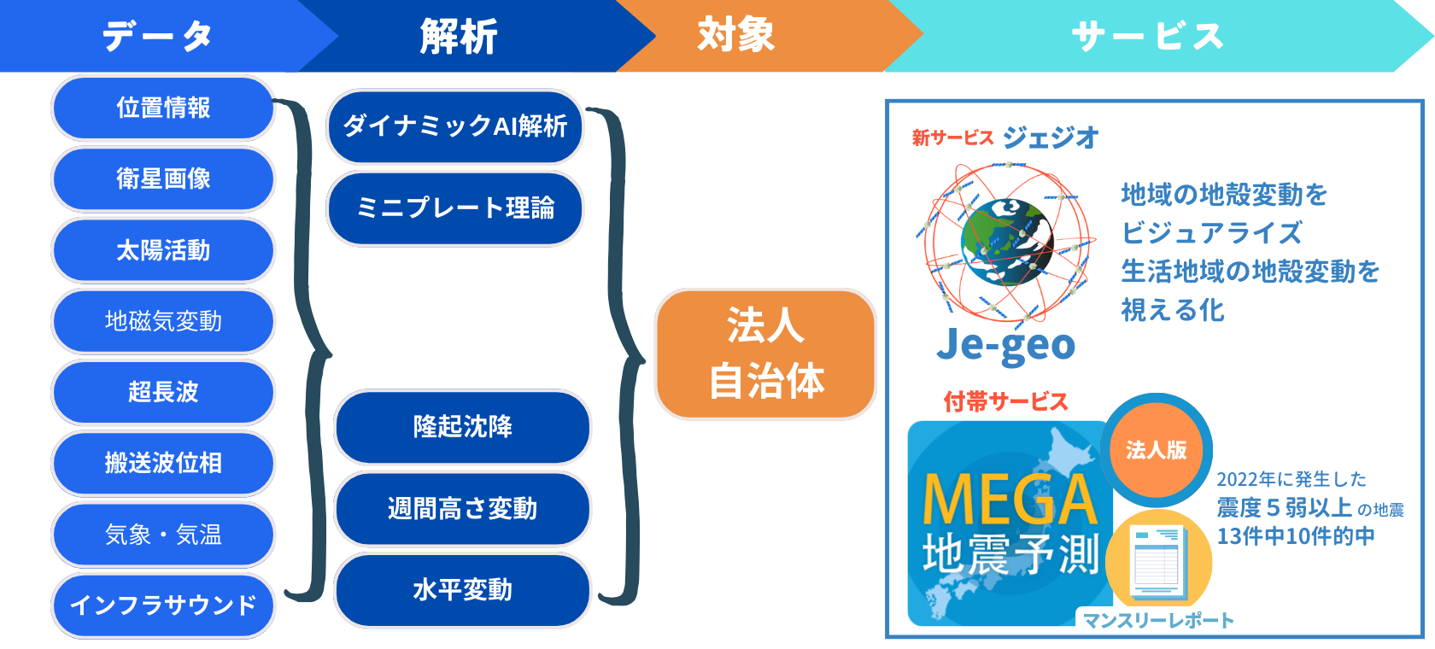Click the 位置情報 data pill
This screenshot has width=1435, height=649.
[163, 108]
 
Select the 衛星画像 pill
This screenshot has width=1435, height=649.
[163, 178]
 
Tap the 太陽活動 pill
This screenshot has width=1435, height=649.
[163, 250]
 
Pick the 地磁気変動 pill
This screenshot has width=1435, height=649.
[163, 321]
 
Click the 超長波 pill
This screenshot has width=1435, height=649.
[163, 392]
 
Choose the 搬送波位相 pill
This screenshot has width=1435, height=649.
[163, 463]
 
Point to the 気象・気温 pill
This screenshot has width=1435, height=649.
[163, 535]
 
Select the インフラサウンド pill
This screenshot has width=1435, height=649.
[163, 605]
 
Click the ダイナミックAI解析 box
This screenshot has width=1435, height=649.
[454, 126]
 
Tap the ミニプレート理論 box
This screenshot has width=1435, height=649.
[454, 208]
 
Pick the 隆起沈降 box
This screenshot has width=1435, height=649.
[462, 426]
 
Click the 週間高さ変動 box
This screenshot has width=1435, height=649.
[462, 509]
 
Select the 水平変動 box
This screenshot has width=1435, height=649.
[462, 590]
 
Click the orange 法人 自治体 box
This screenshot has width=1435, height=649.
[765, 354]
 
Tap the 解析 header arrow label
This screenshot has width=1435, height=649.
[459, 37]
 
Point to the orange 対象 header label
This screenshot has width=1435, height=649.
[735, 35]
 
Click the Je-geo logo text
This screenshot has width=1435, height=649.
[1005, 345]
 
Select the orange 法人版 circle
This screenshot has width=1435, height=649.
[1156, 450]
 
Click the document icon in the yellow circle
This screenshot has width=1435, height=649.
[1157, 561]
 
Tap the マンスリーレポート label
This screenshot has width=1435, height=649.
[1158, 621]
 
